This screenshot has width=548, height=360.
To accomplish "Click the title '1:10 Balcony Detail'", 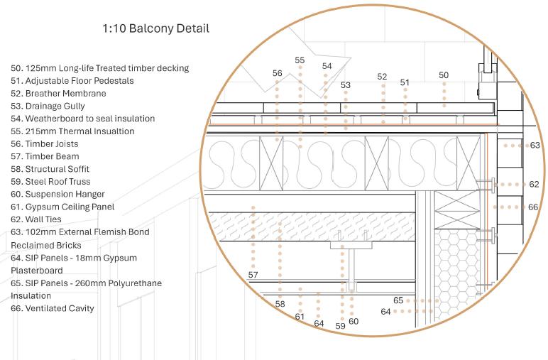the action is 155,28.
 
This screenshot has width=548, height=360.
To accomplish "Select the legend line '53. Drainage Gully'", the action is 48,106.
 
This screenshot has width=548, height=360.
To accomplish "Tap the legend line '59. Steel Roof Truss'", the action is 50,181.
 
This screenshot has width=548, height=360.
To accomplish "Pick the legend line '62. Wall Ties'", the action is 36,219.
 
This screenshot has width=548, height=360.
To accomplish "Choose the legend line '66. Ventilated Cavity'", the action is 53,308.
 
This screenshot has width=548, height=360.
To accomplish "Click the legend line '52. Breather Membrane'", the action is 58,93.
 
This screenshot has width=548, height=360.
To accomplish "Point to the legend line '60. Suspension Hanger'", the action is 57,194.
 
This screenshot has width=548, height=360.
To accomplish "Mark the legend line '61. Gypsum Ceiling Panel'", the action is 62,207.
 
